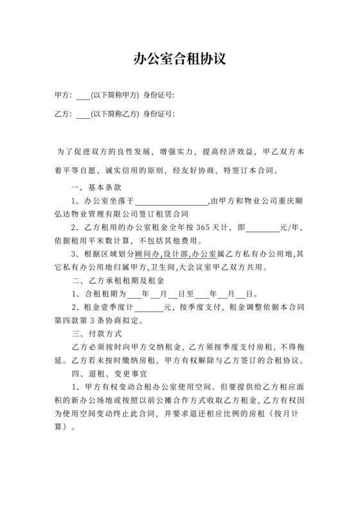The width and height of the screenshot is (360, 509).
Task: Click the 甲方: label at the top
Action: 63,96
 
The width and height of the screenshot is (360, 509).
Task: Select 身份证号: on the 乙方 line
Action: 159,116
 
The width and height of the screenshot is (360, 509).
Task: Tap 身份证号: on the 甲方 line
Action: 159,96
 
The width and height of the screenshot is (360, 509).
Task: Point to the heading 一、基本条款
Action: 94,187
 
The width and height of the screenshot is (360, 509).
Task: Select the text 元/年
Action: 292,228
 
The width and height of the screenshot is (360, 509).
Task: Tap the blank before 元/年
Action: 264,228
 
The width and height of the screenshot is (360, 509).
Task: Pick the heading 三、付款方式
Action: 94,335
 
